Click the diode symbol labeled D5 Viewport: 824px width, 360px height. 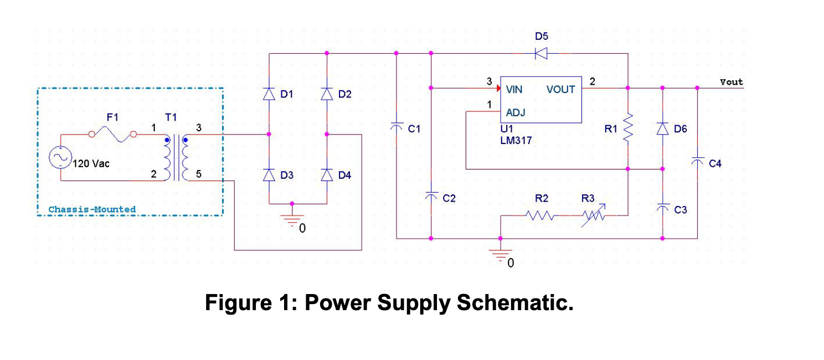pyautogui.click(x=541, y=53)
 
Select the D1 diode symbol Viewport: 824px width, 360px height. pyautogui.click(x=269, y=94)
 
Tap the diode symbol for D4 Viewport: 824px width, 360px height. pyautogui.click(x=327, y=175)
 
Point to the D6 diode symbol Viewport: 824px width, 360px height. pyautogui.click(x=663, y=128)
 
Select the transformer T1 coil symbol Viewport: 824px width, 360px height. pyautogui.click(x=176, y=157)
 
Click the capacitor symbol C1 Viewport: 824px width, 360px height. pyautogui.click(x=396, y=127)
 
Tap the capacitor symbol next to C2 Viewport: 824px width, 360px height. pyautogui.click(x=431, y=196)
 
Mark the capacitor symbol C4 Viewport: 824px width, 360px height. pyautogui.click(x=697, y=161)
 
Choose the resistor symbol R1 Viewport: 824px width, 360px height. pyautogui.click(x=628, y=128)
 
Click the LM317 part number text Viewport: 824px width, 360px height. pyautogui.click(x=516, y=141)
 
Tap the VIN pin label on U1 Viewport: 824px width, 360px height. pyautogui.click(x=514, y=89)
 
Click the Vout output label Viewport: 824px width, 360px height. pyautogui.click(x=731, y=82)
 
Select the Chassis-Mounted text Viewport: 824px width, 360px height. pyautogui.click(x=92, y=209)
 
